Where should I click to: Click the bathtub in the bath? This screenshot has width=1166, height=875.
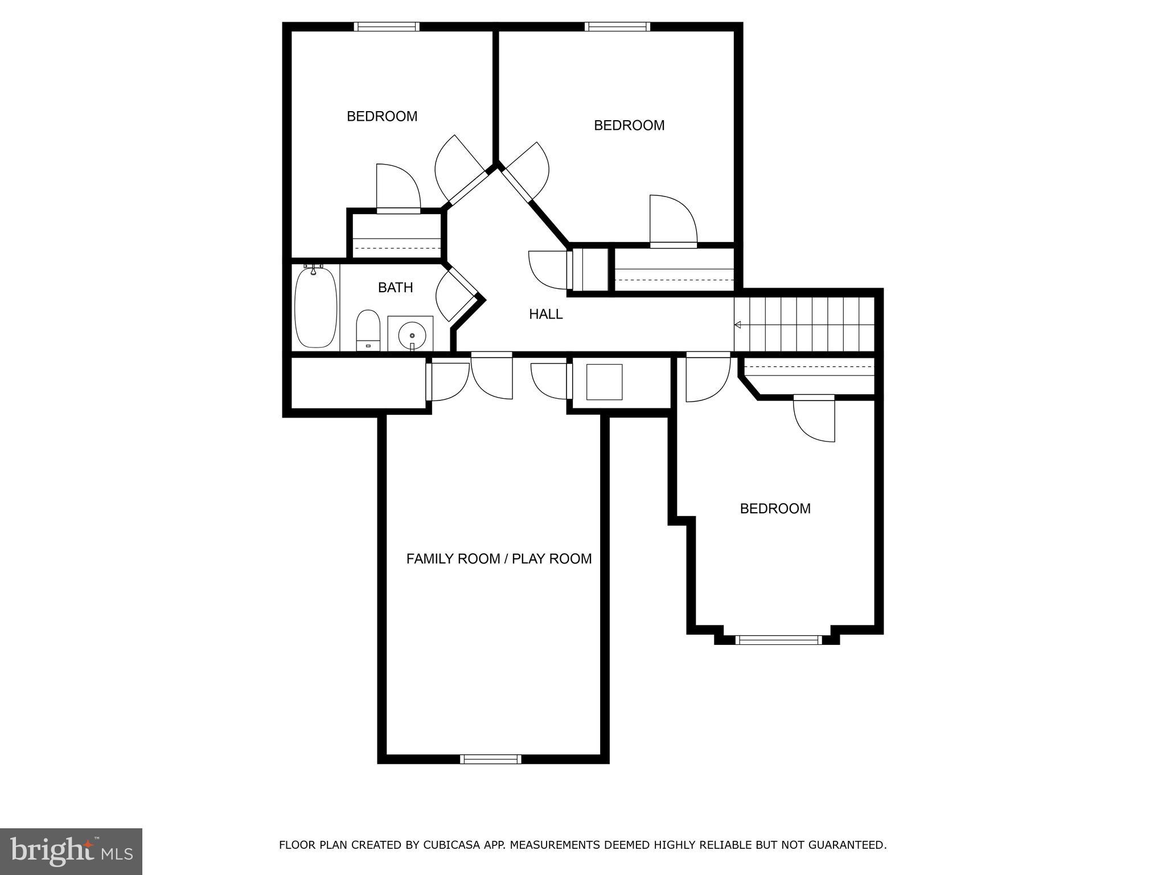pos(315,307)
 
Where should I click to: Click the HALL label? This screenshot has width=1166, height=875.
pos(545,314)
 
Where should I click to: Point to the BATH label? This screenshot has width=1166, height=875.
pos(395,288)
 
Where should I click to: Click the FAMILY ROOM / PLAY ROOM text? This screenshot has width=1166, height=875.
pos(499,559)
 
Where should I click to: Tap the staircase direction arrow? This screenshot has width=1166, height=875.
pos(738,325)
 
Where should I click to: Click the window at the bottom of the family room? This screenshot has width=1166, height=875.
pos(490,759)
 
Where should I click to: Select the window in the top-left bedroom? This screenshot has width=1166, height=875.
pos(387,26)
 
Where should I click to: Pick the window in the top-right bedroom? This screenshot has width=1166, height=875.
pos(617,26)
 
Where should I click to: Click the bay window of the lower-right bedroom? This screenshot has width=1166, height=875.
pos(778,640)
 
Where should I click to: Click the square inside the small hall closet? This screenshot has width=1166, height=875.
pos(604,382)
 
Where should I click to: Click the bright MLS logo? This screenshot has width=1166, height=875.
pos(71,851)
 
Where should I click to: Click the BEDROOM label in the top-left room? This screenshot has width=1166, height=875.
pos(382,116)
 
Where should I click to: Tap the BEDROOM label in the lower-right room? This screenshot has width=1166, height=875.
pos(775,509)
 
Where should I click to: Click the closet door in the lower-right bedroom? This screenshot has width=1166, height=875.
pos(814,419)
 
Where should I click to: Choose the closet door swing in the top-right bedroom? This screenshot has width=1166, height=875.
pos(674,221)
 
